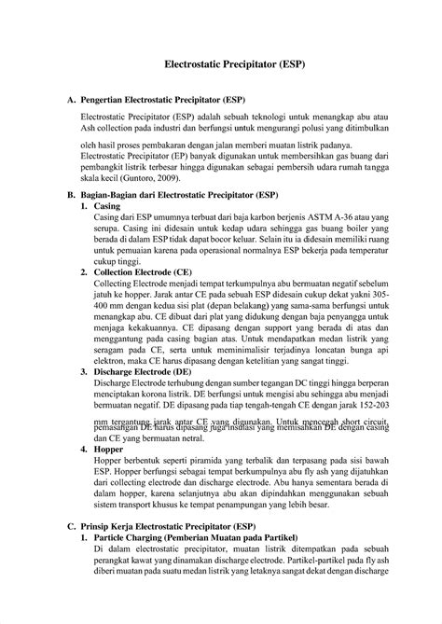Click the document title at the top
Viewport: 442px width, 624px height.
221,67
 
